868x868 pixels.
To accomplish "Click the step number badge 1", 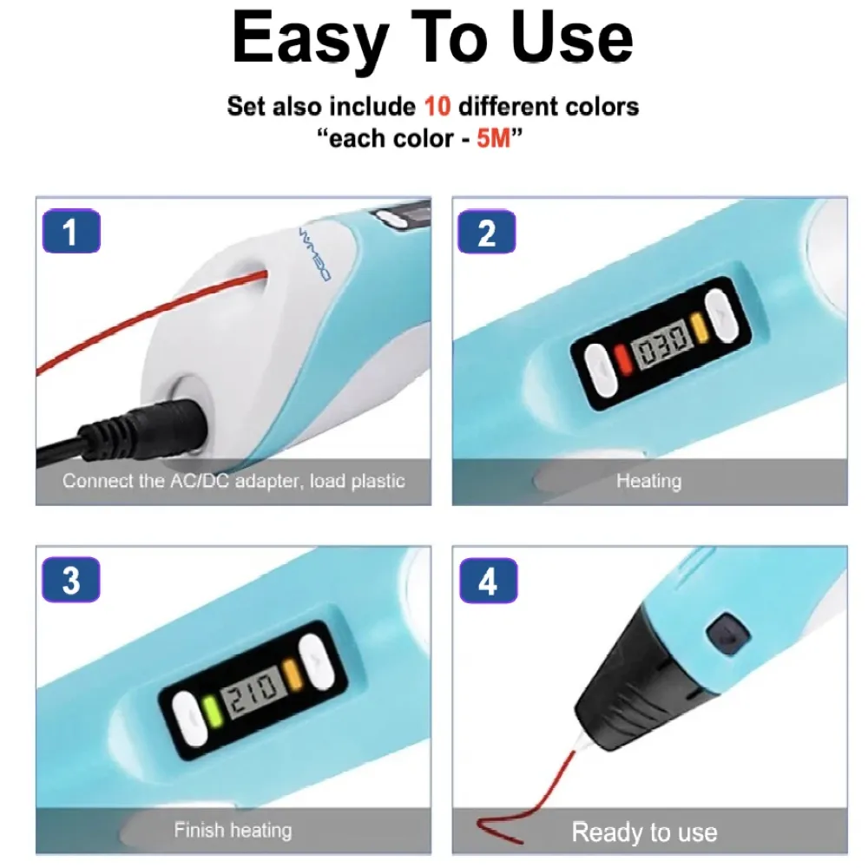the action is [71, 231].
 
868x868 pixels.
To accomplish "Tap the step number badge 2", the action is [487, 232].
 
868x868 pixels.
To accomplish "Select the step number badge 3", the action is [71, 580].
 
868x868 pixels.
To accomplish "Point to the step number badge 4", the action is [488, 580].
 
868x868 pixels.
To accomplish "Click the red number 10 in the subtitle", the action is [437, 106].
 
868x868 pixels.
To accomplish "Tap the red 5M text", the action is [493, 138].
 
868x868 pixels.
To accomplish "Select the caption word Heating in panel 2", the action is [648, 481].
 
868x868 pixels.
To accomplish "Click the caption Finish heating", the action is [233, 830].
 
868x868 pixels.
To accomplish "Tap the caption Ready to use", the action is [644, 832].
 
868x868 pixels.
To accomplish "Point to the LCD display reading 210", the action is [255, 694].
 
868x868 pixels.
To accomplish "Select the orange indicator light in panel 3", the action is [293, 674].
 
